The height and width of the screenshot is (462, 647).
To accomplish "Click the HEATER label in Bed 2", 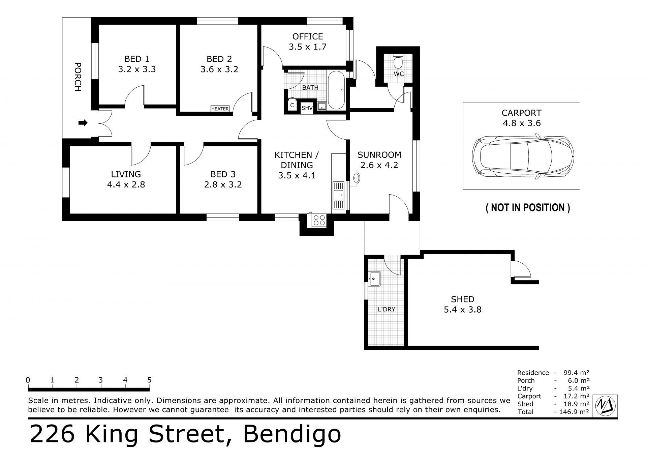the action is coord(220,109).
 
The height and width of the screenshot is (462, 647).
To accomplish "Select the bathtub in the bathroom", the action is coord(336,90).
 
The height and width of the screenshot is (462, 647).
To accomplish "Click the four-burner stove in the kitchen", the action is coord(319,220).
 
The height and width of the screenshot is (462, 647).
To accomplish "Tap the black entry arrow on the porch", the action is coord(83,123).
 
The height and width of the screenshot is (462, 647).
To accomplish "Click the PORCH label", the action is coord(78,77).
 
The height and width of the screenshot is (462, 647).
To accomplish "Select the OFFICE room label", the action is coord(308,36).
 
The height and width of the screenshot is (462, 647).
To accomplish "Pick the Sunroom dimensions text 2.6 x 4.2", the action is coord(379,165).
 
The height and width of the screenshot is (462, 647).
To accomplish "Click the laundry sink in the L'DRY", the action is coord(374,279).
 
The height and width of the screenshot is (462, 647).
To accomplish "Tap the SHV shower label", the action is coord(307,108).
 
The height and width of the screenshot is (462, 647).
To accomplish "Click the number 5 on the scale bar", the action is coord(149,380).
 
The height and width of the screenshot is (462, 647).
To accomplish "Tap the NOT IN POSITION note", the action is coord(528,207).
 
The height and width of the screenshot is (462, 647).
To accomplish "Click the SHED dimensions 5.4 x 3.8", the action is coord(463,310).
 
